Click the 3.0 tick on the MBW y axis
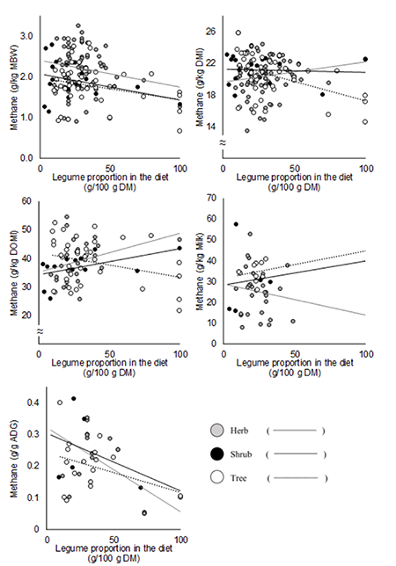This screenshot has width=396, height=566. pos(27,36)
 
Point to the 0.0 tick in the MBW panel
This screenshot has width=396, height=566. pos(27,158)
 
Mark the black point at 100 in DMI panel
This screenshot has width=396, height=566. pos(365,60)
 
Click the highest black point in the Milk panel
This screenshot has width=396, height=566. pos(236,224)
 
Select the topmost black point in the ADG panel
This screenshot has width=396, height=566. pos(73,398)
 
